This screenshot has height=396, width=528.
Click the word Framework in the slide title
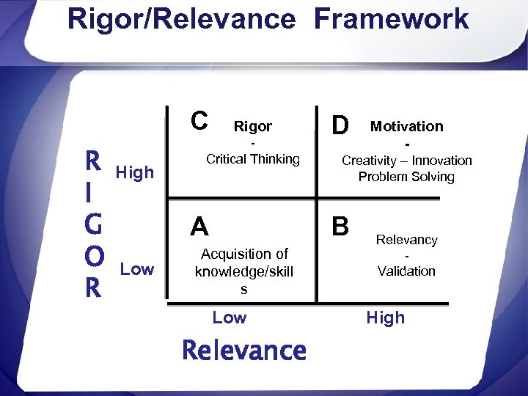(x=391, y=19)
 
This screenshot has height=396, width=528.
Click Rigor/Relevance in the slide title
(x=181, y=19)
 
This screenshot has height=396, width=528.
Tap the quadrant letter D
(x=340, y=125)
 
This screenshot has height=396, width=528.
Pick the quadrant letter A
(x=199, y=227)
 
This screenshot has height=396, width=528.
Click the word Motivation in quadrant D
(x=407, y=126)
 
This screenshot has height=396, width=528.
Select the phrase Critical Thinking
(x=253, y=159)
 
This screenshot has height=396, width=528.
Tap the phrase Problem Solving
(x=406, y=177)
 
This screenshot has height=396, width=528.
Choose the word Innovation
(x=441, y=161)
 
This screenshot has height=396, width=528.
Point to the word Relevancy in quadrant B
(x=406, y=240)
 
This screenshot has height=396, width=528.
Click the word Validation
(x=406, y=271)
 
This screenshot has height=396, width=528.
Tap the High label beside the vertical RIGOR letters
(x=134, y=172)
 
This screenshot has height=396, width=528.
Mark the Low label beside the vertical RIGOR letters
(x=137, y=269)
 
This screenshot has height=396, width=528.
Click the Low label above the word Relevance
(x=230, y=318)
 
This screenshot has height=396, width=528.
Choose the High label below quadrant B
(x=385, y=318)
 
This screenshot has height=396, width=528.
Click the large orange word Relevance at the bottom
(x=244, y=351)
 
